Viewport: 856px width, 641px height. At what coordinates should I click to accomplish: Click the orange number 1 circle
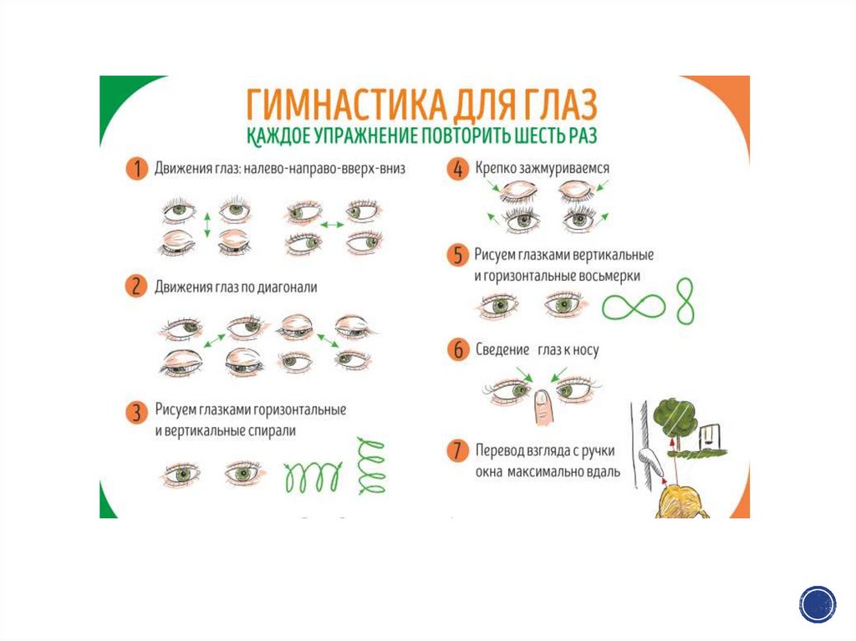(x=137, y=168)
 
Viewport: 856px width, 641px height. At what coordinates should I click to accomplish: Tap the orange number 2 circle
(x=136, y=286)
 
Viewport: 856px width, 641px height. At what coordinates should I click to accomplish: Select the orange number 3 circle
(x=136, y=412)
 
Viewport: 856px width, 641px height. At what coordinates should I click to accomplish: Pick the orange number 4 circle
(x=458, y=169)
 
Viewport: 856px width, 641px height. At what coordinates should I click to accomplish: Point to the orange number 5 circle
(x=458, y=255)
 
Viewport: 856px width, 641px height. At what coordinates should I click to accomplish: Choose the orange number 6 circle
(x=458, y=349)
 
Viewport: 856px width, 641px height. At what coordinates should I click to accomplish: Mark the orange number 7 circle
(x=457, y=451)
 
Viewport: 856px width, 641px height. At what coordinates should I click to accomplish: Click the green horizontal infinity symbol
(x=634, y=307)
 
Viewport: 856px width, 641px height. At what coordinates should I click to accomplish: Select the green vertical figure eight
(x=685, y=300)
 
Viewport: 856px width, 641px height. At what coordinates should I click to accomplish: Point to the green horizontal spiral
(x=313, y=476)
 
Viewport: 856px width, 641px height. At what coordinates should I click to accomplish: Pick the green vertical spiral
(x=371, y=465)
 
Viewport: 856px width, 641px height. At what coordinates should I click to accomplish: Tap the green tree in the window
(x=675, y=418)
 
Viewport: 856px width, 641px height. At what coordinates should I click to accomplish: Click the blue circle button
(x=818, y=604)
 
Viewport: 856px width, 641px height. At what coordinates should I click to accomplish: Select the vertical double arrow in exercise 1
(x=207, y=225)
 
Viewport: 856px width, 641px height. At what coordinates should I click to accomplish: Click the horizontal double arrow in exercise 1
(x=332, y=225)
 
